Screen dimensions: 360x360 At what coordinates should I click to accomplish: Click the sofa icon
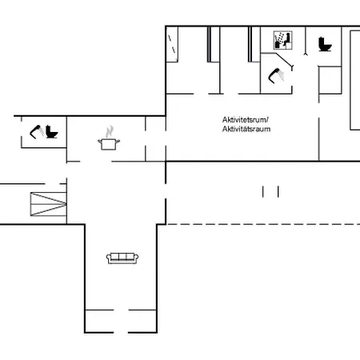tap(122, 258)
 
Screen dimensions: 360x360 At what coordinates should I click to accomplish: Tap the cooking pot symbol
tap(108, 143)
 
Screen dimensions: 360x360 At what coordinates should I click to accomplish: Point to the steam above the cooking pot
tap(109, 130)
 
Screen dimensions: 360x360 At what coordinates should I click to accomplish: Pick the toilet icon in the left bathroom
tap(52, 132)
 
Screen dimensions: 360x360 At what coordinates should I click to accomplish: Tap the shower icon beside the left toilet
tap(37, 131)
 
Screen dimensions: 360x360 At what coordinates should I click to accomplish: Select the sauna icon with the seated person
tap(282, 39)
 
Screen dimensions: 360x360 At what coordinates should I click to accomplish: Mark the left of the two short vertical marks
tap(264, 191)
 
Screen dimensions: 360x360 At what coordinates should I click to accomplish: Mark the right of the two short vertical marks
tap(278, 191)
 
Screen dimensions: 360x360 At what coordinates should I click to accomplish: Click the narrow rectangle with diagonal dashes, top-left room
tap(172, 43)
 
